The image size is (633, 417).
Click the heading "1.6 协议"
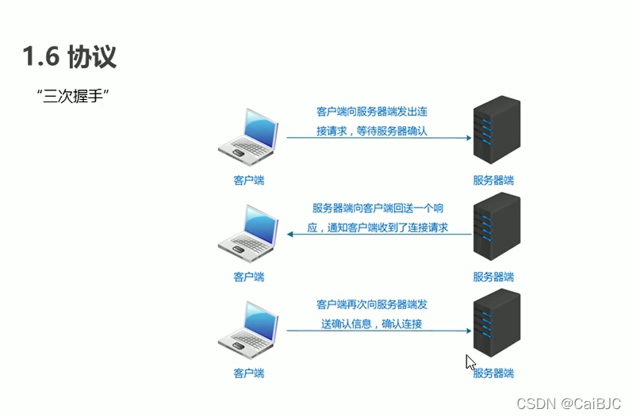pos(71,57)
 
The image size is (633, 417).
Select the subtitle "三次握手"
pos(72,96)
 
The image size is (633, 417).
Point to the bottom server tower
pos(496,324)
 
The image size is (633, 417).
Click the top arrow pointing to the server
pos(379,137)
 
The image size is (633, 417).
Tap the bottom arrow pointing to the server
pos(379,330)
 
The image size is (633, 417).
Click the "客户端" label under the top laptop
pos(248,180)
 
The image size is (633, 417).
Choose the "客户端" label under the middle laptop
pos(248,277)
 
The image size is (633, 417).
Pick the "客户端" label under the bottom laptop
pos(248,373)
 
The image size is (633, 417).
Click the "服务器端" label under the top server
pos(493,180)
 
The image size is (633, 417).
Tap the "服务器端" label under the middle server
pos(493,277)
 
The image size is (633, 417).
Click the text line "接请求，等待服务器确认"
pos(371,131)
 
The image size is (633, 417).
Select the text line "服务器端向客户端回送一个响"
pos(378,208)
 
